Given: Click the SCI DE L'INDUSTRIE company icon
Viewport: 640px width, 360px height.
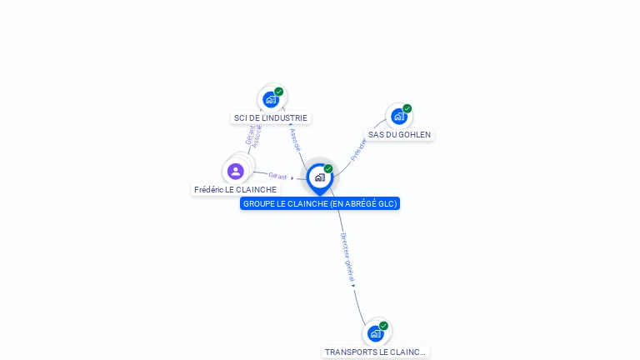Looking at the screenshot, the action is click(x=270, y=100).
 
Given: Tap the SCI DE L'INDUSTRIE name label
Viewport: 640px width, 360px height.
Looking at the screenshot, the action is click(x=270, y=118).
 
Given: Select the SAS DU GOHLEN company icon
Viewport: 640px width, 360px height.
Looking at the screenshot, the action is click(x=398, y=117).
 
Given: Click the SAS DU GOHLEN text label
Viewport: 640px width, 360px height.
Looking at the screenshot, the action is click(x=400, y=134).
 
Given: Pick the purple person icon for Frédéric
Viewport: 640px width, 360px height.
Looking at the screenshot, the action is click(x=236, y=172).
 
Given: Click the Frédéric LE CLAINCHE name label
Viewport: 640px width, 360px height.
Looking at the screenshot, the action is click(x=235, y=190).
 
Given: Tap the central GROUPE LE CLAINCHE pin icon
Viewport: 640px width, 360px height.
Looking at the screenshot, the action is click(x=319, y=177).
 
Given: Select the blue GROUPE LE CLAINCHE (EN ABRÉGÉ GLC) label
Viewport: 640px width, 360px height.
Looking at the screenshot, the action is click(x=320, y=203).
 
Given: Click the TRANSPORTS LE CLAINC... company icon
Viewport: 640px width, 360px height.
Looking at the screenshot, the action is click(x=376, y=333).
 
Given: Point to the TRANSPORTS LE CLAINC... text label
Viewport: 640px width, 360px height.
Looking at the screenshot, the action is click(x=375, y=352).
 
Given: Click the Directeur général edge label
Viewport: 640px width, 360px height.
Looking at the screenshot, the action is click(x=348, y=257).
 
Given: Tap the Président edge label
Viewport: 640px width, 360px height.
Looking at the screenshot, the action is click(x=358, y=149).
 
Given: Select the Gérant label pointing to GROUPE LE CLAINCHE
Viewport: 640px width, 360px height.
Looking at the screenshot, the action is click(x=277, y=177).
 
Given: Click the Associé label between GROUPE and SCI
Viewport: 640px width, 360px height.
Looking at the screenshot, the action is click(x=295, y=139).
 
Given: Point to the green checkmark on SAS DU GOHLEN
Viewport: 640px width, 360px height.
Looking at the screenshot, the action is click(x=407, y=108).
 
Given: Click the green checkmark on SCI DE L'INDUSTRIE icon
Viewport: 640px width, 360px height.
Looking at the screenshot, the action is click(x=279, y=92).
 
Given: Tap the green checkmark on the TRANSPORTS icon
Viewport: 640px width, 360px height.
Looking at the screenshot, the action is click(x=383, y=326).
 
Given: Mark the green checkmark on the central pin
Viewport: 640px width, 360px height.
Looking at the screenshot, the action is click(x=328, y=169).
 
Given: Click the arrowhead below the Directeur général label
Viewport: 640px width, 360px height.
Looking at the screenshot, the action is click(x=353, y=286).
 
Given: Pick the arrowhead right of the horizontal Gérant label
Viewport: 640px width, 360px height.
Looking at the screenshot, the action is click(x=292, y=177).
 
